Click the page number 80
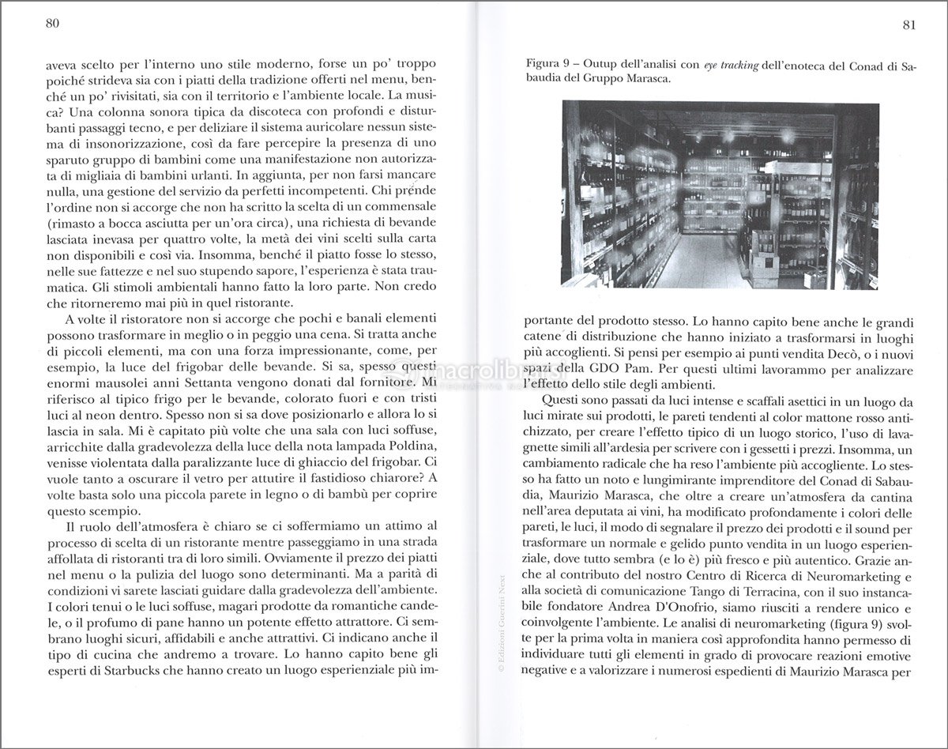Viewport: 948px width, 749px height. point(54,24)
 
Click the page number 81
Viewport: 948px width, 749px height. point(908,24)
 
